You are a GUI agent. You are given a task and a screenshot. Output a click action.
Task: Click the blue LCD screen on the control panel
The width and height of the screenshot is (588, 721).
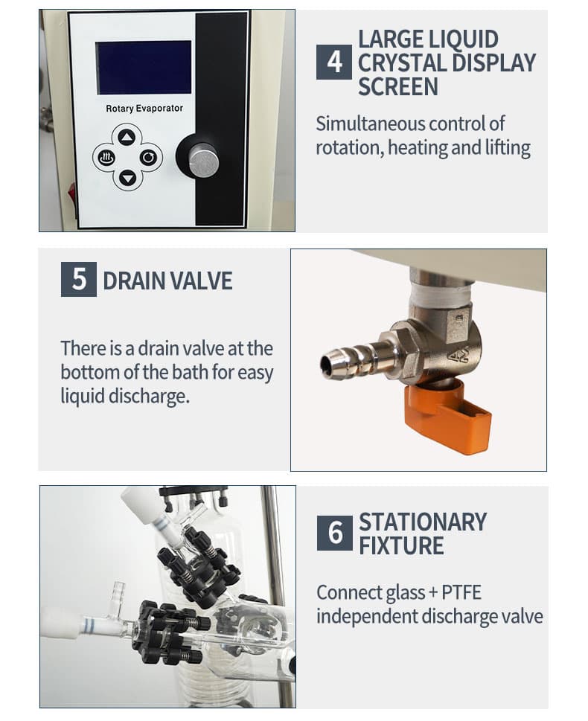143,67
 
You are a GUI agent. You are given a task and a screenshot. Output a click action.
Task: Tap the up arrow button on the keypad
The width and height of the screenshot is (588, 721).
127,137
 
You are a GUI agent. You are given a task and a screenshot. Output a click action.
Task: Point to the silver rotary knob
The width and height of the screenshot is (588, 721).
203,160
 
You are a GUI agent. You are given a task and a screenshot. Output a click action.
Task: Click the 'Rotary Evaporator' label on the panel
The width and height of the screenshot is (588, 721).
144,109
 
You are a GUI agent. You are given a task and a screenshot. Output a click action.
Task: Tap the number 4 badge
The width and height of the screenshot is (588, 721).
334,62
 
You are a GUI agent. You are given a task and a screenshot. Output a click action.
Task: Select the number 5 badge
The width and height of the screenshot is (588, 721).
79,279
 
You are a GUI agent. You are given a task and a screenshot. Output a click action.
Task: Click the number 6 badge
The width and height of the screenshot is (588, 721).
335,533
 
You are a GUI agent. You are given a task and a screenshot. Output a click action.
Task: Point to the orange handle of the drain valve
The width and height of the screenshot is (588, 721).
444,417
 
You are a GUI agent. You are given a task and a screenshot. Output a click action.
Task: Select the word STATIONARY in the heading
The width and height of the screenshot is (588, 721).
422,522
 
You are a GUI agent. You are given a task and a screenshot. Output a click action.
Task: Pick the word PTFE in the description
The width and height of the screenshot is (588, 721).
461,592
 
